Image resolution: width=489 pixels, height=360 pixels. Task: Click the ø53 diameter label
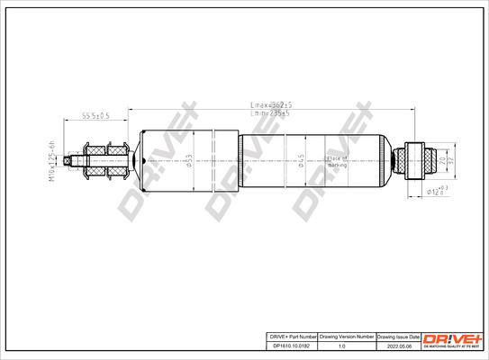[x=189, y=161]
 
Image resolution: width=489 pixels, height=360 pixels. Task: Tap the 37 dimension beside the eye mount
[x=450, y=160]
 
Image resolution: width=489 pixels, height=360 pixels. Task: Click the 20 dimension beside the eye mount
[x=440, y=160]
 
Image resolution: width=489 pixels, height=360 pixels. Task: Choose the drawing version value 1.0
[x=341, y=344]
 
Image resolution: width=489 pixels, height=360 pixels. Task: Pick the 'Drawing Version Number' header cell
[x=341, y=335]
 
